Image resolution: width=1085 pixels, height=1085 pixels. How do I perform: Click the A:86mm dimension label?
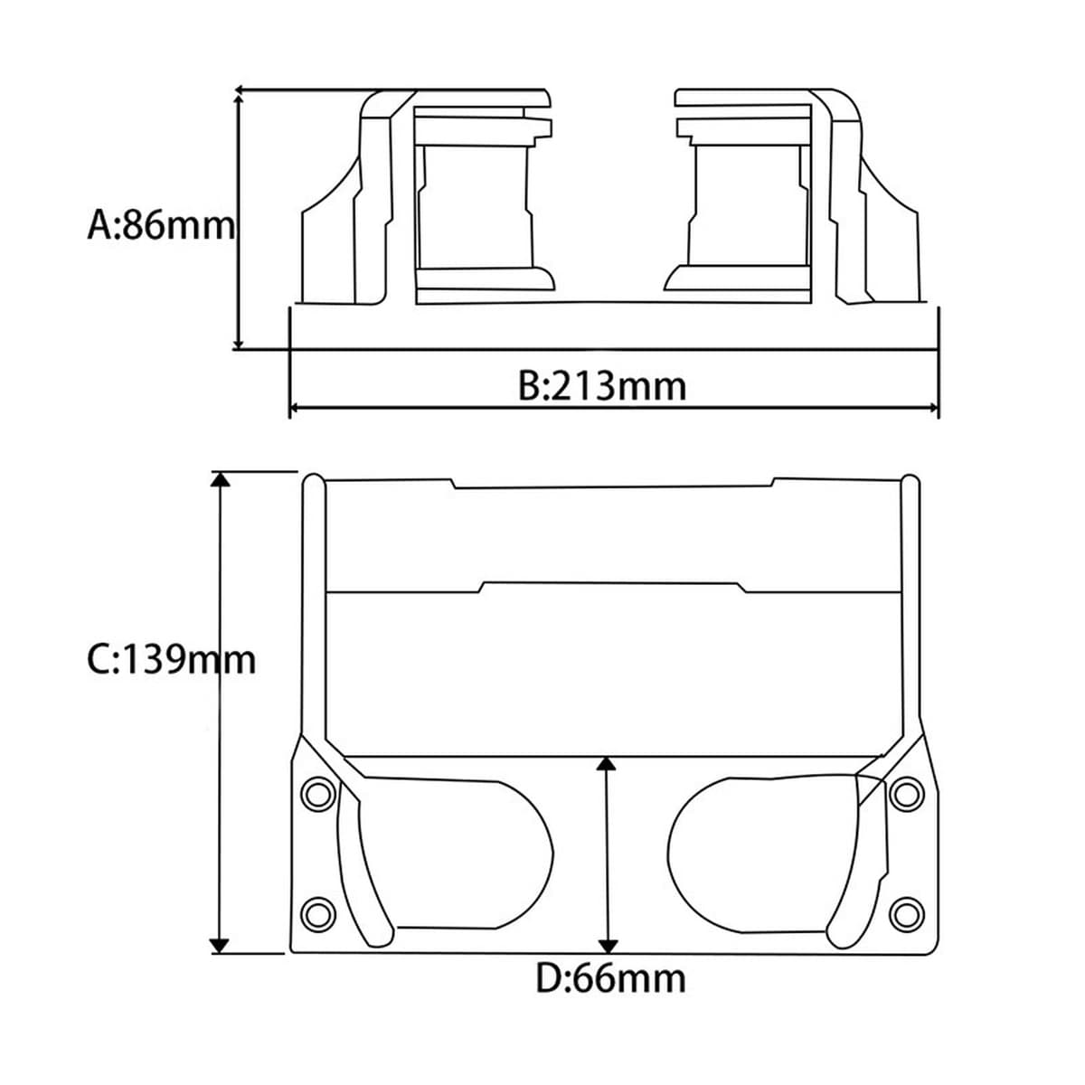coord(160,225)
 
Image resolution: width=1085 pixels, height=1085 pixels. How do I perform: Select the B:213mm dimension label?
coord(602,386)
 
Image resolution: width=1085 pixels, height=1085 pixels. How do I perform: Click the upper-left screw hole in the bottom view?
coord(317,795)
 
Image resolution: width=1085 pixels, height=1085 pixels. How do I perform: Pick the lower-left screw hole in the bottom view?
coord(317,912)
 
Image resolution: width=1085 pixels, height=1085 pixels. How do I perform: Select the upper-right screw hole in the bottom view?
coord(907,794)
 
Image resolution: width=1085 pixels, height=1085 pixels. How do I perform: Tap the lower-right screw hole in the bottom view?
coord(907,912)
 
